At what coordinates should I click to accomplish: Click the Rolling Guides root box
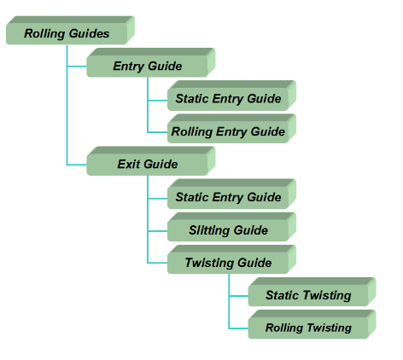[70, 31]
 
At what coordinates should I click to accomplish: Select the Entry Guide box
[151, 62]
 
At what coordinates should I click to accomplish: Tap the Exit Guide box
[151, 161]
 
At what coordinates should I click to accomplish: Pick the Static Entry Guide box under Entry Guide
[231, 96]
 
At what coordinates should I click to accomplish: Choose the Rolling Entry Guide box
[231, 129]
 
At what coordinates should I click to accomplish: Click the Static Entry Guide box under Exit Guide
[231, 194]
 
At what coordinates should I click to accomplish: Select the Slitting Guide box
[231, 227]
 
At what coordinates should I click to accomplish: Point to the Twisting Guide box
[231, 259]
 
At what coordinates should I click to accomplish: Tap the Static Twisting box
[312, 292]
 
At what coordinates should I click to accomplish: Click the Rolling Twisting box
[312, 324]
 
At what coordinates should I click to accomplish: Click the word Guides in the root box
[89, 33]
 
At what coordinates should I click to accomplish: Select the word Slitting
[208, 230]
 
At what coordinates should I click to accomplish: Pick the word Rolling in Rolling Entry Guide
[192, 132]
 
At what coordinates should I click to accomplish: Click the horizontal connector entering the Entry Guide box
[77, 67]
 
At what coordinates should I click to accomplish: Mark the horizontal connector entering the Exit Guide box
[77, 165]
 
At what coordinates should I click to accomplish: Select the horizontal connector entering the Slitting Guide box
[157, 231]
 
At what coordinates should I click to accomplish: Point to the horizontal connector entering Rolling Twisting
[238, 328]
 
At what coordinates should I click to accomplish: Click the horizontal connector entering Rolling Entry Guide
[157, 132]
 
